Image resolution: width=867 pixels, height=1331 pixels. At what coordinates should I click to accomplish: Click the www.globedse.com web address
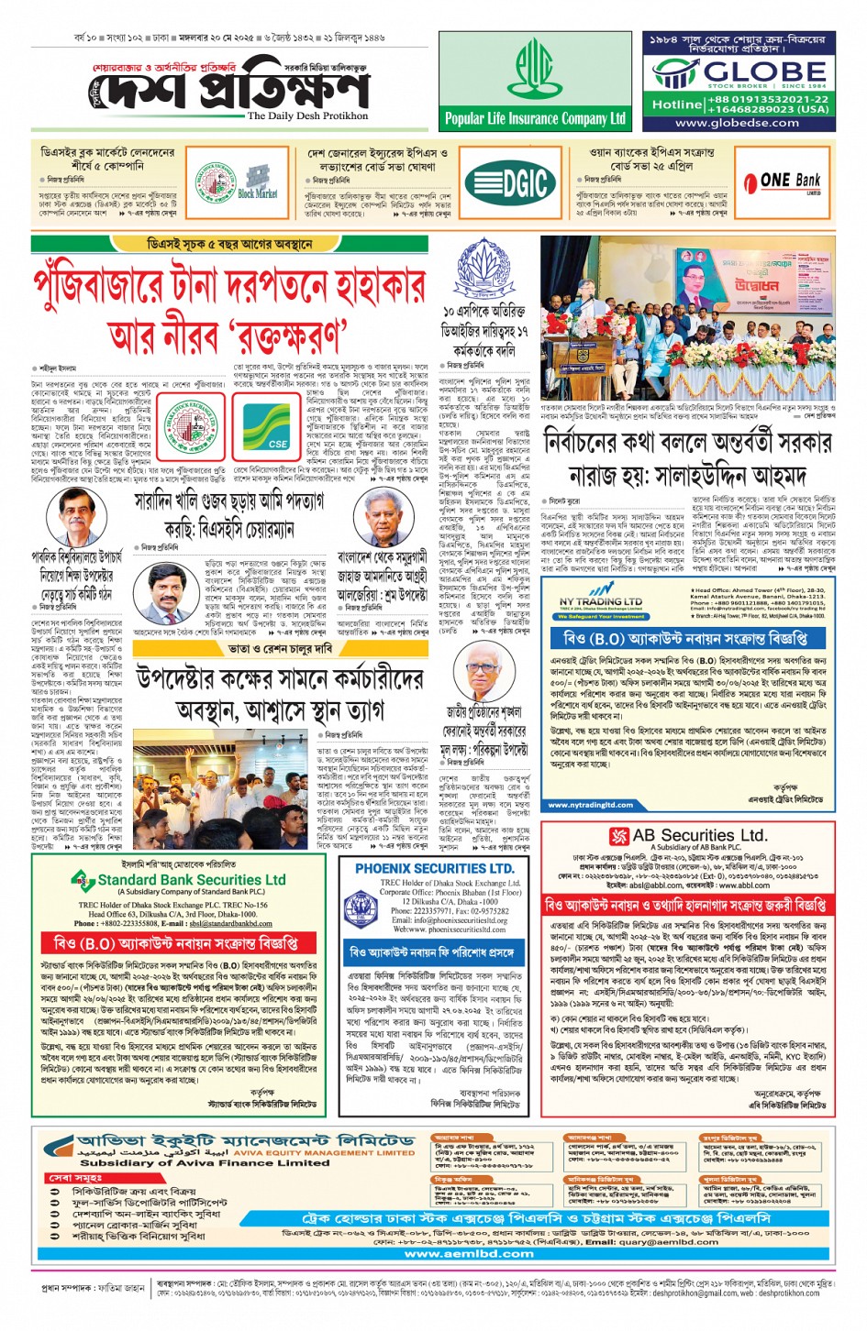[737, 123]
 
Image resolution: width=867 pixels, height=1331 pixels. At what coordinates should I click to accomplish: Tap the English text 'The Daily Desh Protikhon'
[307, 116]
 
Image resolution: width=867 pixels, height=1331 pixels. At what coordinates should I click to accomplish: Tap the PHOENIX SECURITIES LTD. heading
[434, 868]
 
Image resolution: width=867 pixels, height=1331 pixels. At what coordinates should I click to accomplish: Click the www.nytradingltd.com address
[591, 805]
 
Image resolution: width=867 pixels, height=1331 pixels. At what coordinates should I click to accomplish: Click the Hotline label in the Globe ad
[677, 104]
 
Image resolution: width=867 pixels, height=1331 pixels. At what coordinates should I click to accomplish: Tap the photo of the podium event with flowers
[688, 318]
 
